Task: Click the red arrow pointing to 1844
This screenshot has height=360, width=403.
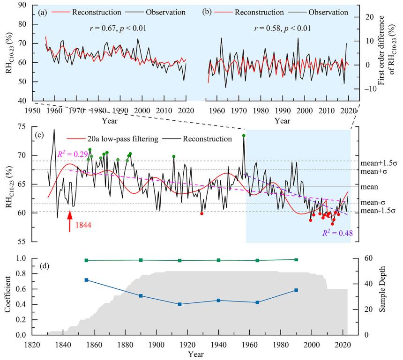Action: (x=70, y=221)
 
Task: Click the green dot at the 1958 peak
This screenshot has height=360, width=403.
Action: (x=244, y=136)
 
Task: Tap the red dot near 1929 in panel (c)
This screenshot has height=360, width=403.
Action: (x=201, y=213)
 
